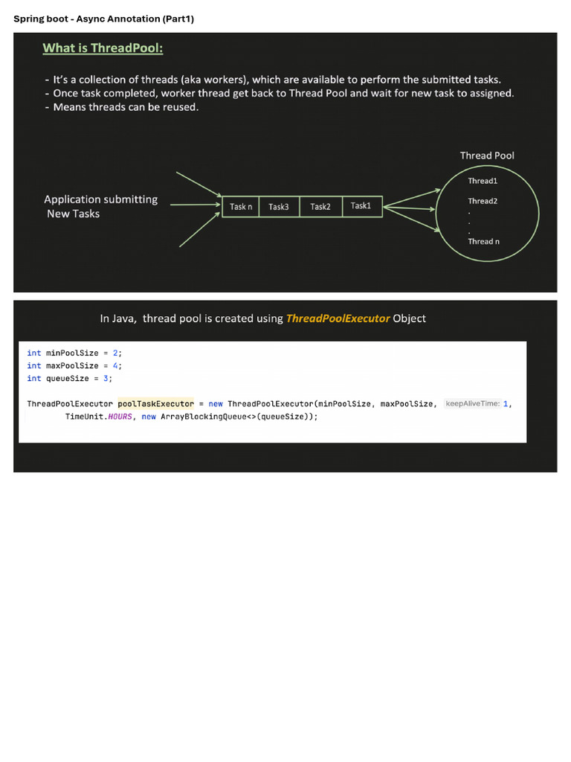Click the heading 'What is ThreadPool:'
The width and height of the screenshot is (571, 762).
point(103,48)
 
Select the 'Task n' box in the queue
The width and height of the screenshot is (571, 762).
point(241,207)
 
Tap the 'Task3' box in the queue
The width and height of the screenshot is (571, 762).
point(280,207)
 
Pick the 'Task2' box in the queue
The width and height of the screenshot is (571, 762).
point(321,207)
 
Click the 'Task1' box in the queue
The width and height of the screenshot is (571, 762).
point(362,207)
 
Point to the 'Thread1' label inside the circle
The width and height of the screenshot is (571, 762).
point(483,181)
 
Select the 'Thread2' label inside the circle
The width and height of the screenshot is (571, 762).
point(483,201)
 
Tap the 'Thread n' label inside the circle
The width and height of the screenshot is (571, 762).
point(483,242)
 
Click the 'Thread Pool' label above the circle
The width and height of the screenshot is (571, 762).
point(487,156)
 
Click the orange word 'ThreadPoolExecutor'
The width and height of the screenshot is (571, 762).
point(338,318)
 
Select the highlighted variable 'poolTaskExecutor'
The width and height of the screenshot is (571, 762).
point(156,404)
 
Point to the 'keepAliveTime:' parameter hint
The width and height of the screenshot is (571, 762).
point(472,403)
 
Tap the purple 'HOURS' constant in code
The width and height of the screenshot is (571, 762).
point(120,417)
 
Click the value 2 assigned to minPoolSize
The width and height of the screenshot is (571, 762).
point(115,353)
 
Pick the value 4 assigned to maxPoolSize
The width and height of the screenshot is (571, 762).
point(115,365)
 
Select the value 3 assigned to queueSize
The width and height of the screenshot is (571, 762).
point(106,378)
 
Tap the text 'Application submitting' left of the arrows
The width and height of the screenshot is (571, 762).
point(101,199)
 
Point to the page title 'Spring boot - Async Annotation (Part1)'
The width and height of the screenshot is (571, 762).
point(104,19)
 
